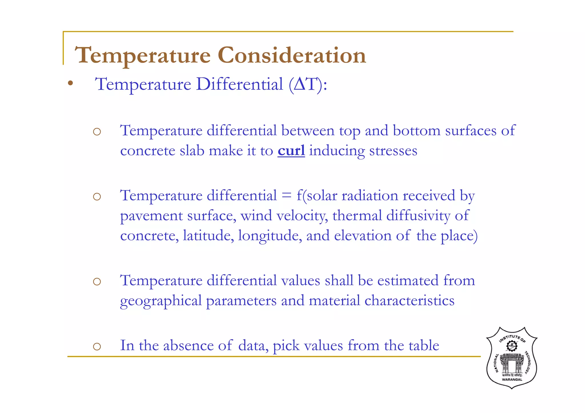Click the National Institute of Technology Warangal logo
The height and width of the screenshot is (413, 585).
[512, 358]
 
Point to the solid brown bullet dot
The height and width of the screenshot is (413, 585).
[70, 83]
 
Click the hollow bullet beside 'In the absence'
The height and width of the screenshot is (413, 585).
[97, 346]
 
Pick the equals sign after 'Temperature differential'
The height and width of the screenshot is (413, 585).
[287, 196]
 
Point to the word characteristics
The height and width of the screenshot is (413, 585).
[409, 301]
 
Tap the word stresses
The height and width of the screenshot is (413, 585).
[393, 151]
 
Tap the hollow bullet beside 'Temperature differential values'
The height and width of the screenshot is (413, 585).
[97, 282]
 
